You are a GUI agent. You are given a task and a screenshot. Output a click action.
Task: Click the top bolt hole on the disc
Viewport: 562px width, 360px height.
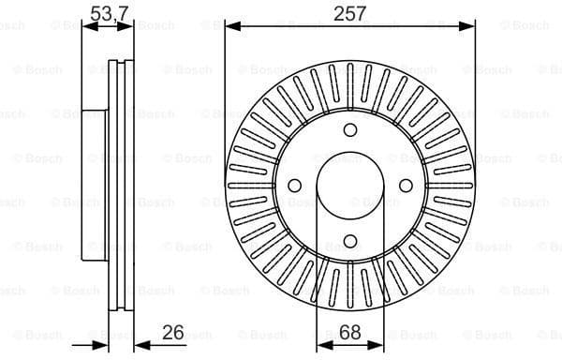click(x=350, y=130)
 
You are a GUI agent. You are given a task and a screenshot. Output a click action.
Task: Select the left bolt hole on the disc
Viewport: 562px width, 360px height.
click(x=294, y=185)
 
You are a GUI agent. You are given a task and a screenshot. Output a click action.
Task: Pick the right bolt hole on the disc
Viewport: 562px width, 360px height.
click(x=407, y=185)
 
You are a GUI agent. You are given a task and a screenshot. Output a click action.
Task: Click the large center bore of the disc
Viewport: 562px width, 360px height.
click(x=350, y=185)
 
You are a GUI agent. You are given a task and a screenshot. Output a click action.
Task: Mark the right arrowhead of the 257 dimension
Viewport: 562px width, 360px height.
click(x=470, y=26)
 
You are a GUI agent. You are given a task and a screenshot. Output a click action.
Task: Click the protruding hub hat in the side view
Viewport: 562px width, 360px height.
click(x=94, y=185)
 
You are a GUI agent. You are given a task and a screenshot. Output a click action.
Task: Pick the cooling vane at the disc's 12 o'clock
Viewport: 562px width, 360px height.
click(x=350, y=81)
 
